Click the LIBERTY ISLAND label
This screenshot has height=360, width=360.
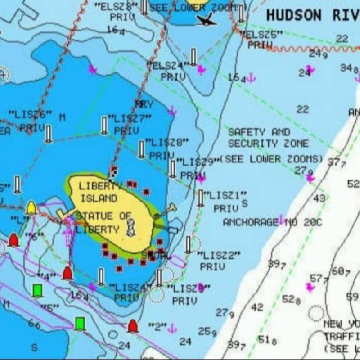pyautogui.click(x=98, y=192)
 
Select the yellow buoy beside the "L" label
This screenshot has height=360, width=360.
pyautogui.click(x=31, y=208)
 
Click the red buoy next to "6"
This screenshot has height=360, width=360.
pyautogui.click(x=13, y=240)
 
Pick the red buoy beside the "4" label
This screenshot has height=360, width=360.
pyautogui.click(x=67, y=273)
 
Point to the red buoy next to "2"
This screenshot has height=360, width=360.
pyautogui.click(x=132, y=326)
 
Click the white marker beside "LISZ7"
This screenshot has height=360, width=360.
pyautogui.click(x=104, y=126)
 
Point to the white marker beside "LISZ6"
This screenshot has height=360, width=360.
pyautogui.click(x=49, y=134)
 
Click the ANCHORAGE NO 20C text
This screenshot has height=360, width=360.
pyautogui.click(x=273, y=222)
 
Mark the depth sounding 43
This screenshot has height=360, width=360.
pyautogui.click(x=319, y=198)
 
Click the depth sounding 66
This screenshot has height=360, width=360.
pyautogui.click(x=34, y=324)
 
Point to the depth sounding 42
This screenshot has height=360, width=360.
pyautogui.click(x=257, y=307)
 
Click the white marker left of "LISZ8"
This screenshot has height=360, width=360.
pyautogui.click(x=142, y=149)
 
